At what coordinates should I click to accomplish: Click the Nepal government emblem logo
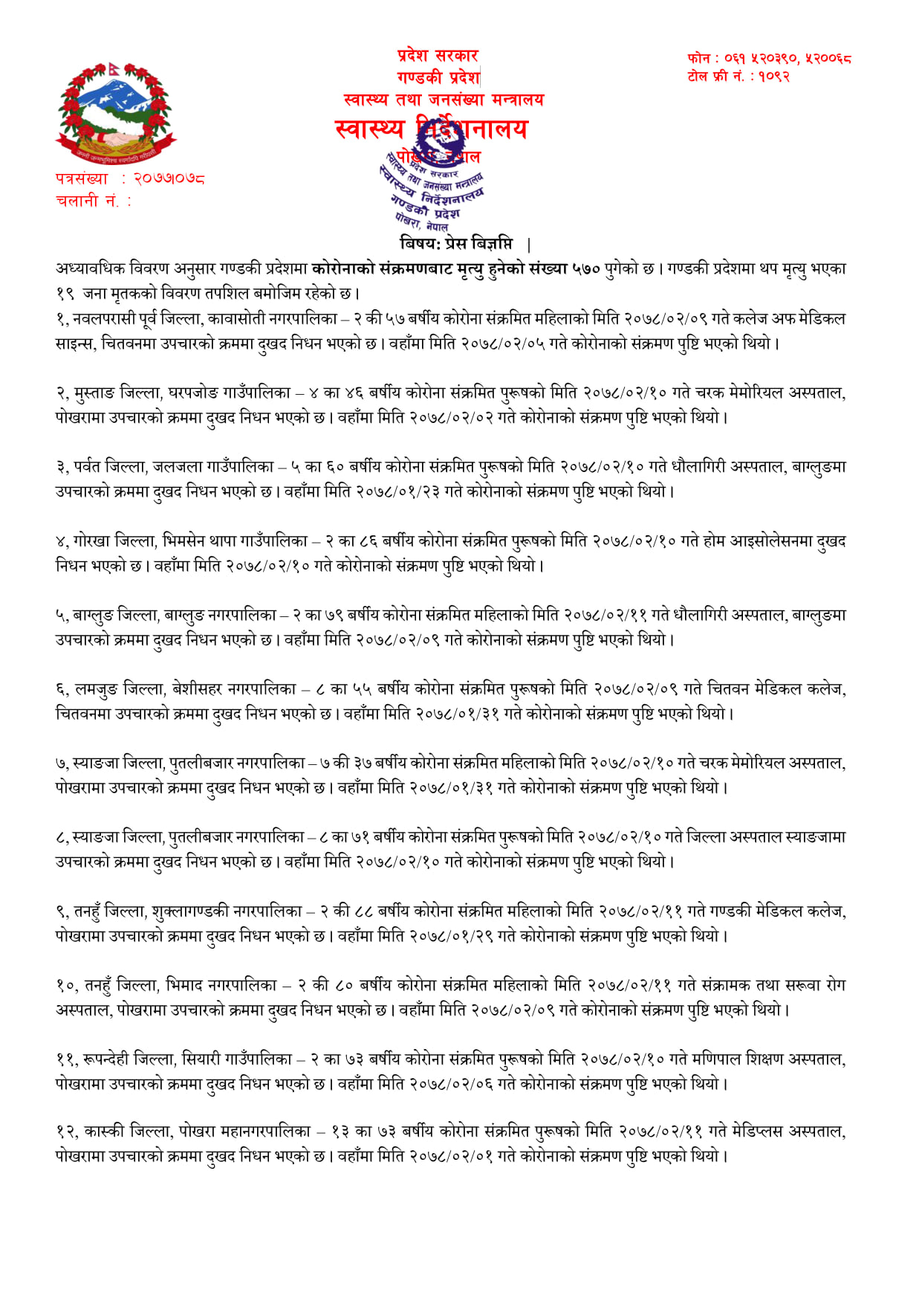[115, 114]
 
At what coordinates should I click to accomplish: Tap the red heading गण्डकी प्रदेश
[438, 77]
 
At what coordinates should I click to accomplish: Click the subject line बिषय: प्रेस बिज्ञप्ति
[456, 244]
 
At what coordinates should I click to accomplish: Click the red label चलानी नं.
[88, 201]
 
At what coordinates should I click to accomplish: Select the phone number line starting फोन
[769, 58]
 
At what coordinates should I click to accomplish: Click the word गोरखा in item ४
[91, 541]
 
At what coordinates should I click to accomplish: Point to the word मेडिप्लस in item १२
[756, 1132]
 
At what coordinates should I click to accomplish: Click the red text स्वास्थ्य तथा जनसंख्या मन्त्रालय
[444, 100]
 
